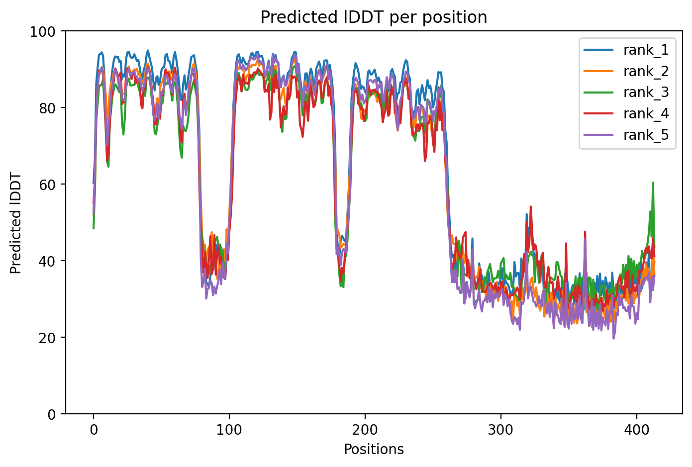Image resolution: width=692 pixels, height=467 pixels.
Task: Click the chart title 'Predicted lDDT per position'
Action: (374, 17)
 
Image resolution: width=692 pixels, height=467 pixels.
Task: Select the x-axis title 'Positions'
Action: (374, 450)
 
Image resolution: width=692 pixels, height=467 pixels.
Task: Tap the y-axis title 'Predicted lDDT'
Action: (16, 223)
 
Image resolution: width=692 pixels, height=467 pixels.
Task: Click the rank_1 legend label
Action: (646, 50)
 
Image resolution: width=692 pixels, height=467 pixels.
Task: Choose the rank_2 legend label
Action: (646, 72)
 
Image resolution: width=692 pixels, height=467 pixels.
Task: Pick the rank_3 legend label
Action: (646, 93)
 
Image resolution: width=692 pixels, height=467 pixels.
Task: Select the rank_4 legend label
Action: (646, 114)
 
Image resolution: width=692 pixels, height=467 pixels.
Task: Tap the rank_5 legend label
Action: (646, 135)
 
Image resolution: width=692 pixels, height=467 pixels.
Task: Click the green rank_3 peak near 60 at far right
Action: (653, 183)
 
